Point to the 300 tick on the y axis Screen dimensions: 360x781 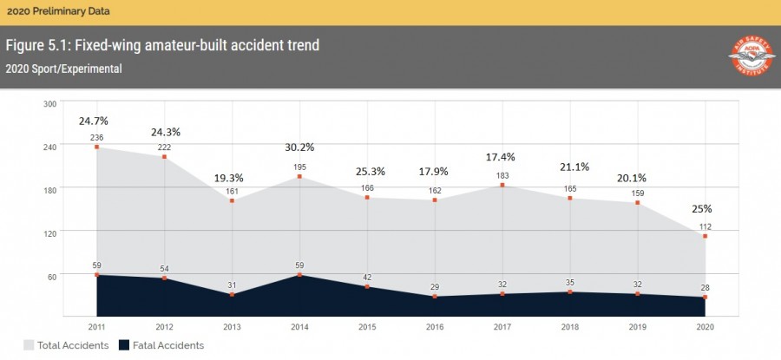(49, 103)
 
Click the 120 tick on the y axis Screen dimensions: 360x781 (49, 232)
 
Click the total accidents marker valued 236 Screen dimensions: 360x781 (95, 147)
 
